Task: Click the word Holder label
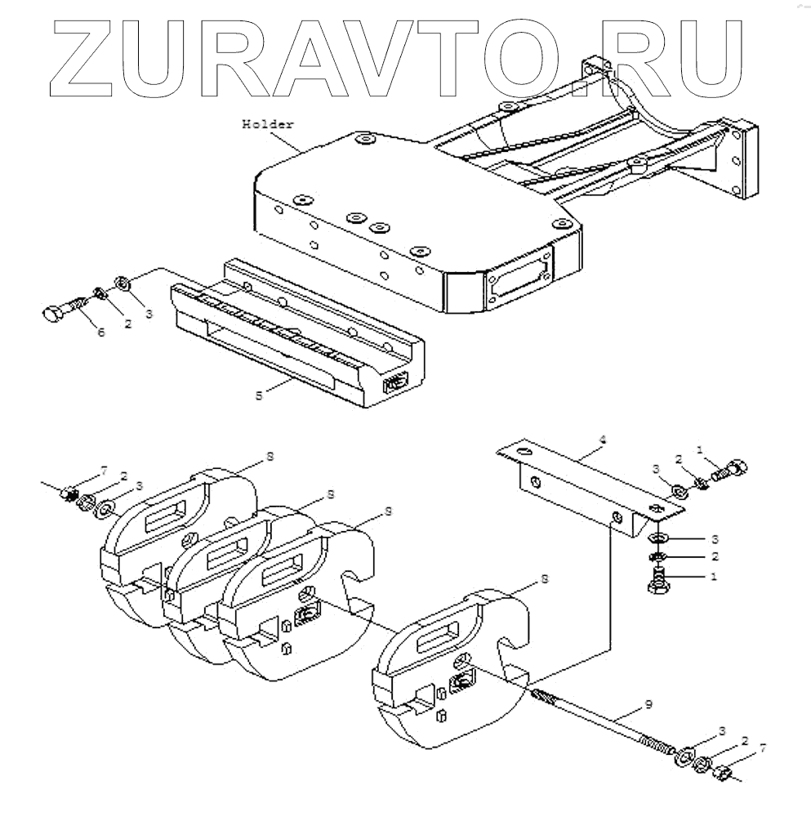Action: [x=268, y=124]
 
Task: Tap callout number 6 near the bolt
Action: [x=101, y=333]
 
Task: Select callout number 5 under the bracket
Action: [x=259, y=395]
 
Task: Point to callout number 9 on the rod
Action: [x=648, y=703]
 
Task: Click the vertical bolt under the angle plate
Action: [x=658, y=583]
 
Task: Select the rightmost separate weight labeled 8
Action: [x=449, y=670]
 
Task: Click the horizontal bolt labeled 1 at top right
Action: [x=730, y=469]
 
